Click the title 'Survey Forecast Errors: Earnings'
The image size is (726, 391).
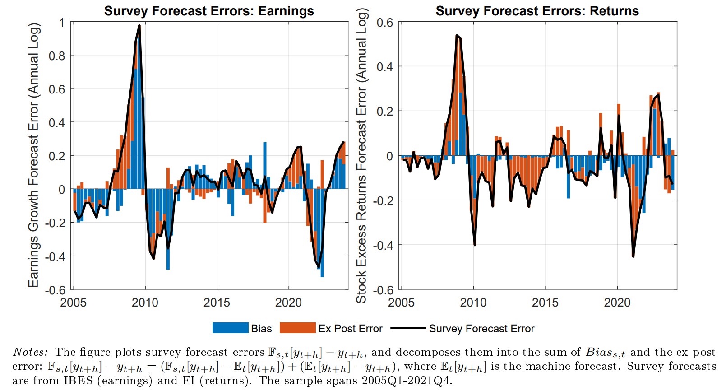tap(209, 11)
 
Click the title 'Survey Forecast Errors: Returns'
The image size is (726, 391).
tap(537, 11)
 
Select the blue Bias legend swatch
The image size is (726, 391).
tap(230, 328)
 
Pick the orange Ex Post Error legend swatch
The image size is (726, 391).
tap(297, 328)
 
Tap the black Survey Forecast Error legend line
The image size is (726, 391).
tap(408, 328)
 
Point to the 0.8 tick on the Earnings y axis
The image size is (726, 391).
tap(56, 56)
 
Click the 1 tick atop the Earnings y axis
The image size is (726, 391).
tap(62, 22)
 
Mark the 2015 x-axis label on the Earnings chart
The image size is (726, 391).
tap(217, 302)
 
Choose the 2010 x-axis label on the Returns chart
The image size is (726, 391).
tap(473, 302)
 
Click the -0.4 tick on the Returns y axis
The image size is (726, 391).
tap(384, 245)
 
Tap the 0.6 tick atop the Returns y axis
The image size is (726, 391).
tap(384, 22)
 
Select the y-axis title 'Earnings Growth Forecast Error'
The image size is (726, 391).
tap(34, 155)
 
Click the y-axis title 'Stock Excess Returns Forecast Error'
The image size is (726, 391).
tap(361, 156)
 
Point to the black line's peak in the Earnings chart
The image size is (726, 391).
tap(139, 26)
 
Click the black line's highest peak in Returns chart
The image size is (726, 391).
tap(457, 35)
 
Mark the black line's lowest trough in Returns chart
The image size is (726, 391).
tap(634, 256)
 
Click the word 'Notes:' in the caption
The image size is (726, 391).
tap(30, 352)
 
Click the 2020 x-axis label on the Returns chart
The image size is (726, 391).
tap(617, 302)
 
